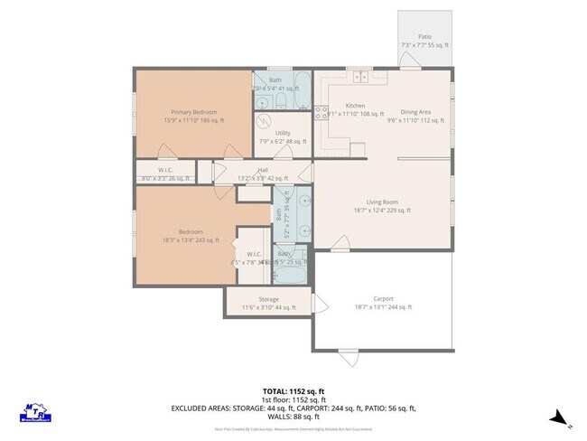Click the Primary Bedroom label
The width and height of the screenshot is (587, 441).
point(193,112)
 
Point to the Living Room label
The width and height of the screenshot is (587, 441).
point(383,202)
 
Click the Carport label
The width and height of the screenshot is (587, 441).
point(383,298)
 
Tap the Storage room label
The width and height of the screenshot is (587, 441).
point(268,299)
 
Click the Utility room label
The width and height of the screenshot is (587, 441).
point(283,133)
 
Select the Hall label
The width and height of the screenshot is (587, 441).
point(263,170)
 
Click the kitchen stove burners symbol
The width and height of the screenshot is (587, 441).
point(321,113)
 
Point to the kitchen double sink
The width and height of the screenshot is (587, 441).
point(359,76)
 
